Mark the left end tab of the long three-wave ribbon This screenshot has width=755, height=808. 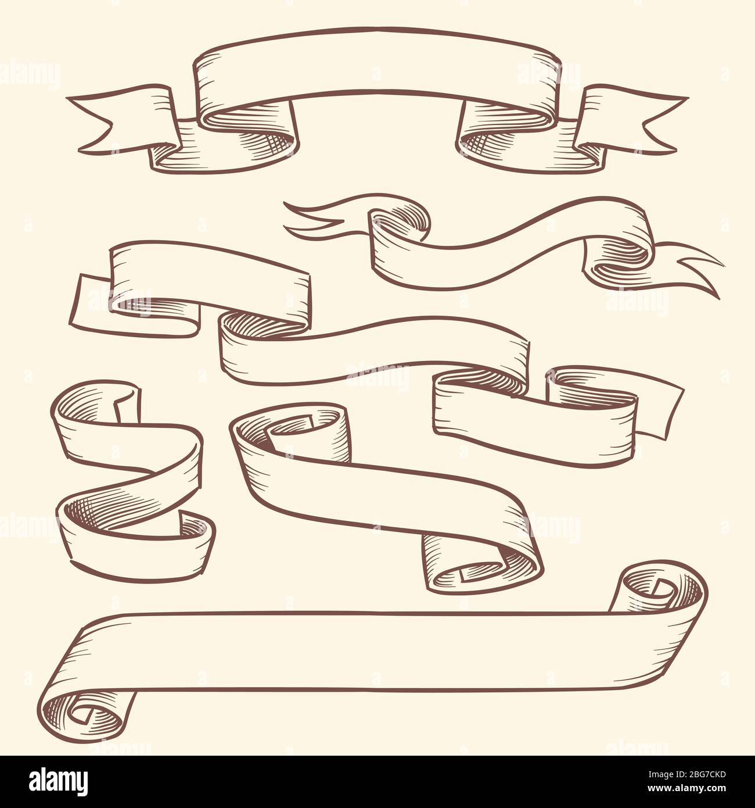(x=93, y=302)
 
